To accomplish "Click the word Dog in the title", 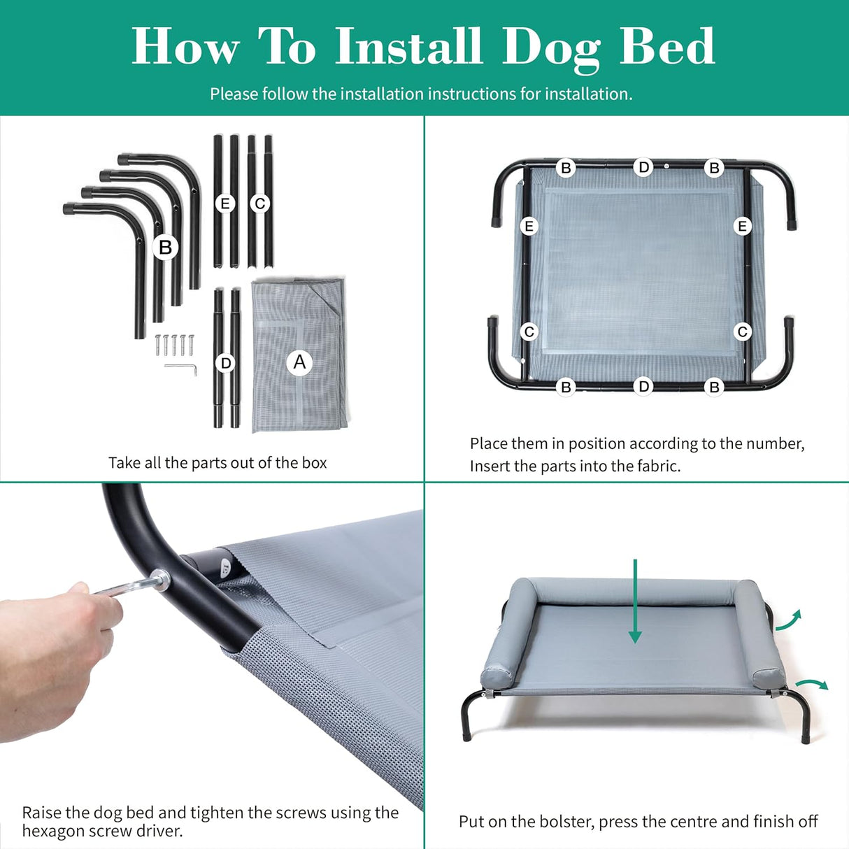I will tap(550, 48).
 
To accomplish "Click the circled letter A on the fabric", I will tap(299, 362).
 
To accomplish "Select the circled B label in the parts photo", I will tap(165, 247).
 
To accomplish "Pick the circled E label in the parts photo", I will tap(224, 204).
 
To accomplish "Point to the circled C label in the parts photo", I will tap(260, 204).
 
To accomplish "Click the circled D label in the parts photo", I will tap(225, 363).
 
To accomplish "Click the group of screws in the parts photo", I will tap(173, 345).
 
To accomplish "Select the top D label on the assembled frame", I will tap(643, 167).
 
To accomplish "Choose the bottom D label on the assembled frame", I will tap(643, 386).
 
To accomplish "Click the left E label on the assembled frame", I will tap(529, 226).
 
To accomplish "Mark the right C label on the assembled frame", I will tap(743, 331).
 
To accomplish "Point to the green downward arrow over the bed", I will tap(635, 601).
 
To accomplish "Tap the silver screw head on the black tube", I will tap(160, 578).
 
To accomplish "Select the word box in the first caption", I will tap(314, 463).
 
